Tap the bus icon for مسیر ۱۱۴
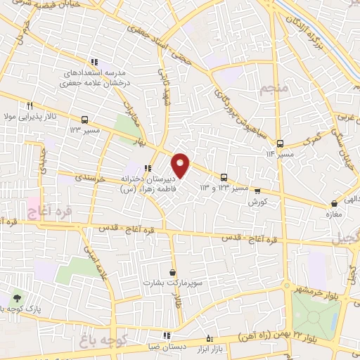click(x=280, y=143)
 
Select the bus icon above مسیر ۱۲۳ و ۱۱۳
click(x=224, y=177)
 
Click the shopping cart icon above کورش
click(x=257, y=190)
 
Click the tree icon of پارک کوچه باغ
click(x=17, y=298)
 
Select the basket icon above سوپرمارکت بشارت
click(x=173, y=272)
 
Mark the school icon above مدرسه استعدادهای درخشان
click(x=96, y=63)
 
